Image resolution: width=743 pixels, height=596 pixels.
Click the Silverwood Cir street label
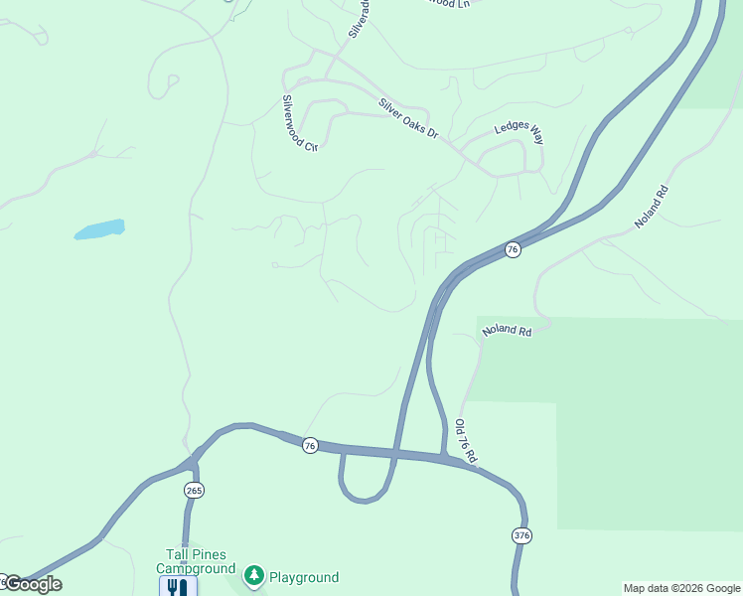coord(299,123)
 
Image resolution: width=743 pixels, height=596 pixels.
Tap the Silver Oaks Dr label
coord(407,117)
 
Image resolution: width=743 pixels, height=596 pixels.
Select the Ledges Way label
coord(519,131)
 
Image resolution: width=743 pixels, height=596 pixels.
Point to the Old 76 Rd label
coord(466,442)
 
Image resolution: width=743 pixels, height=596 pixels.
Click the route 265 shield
coord(193,491)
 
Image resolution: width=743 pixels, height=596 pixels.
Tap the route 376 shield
coord(522,535)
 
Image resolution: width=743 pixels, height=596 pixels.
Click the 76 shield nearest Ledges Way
coord(513,249)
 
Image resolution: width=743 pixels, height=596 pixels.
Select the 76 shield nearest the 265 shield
coord(310,445)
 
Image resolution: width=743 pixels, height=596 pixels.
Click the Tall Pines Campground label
coord(196,561)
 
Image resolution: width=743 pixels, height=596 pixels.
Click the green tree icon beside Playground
coord(254,576)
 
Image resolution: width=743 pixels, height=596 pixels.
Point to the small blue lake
coord(99,229)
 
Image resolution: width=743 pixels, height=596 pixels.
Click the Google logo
coord(33,584)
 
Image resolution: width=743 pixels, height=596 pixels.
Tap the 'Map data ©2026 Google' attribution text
coord(681,588)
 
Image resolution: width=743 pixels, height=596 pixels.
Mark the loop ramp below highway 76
coord(362,494)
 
